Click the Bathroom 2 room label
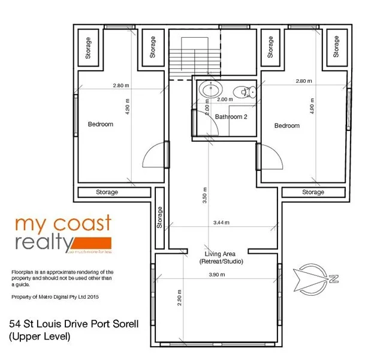[231, 116]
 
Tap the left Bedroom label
[101, 124]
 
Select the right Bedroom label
[286, 125]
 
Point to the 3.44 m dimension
[221, 223]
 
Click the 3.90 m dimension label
[216, 275]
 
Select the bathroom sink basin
[210, 91]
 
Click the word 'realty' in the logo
[45, 244]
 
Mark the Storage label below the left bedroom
[107, 192]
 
